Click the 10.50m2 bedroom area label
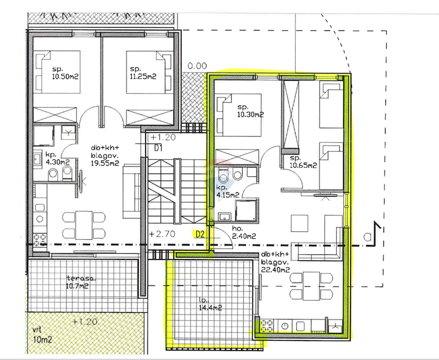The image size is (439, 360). tap(65, 73)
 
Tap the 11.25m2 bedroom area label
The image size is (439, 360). tap(143, 73)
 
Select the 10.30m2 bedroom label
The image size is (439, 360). tap(250, 111)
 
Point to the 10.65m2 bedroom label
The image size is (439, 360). tap(303, 162)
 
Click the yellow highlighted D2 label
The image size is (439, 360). tap(200, 234)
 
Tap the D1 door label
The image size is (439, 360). tap(158, 148)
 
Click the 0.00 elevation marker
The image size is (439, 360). tap(197, 66)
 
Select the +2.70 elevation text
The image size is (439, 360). tap(162, 234)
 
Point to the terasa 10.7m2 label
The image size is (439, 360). tap(81, 282)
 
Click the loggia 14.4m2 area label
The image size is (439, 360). tap(210, 304)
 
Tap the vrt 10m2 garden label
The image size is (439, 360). tap(42, 335)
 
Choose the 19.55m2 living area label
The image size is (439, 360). tap(105, 156)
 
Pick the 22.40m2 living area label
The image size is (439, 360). tap(275, 262)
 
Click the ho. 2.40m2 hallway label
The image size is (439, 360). tap(244, 232)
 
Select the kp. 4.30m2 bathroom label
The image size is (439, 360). tap(57, 158)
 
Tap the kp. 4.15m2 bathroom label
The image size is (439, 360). tap(228, 191)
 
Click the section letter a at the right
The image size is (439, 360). tap(367, 236)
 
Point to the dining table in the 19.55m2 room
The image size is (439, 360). tap(84, 225)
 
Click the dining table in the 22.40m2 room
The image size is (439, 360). tap(311, 286)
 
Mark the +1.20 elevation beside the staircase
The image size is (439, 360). tap(163, 137)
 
